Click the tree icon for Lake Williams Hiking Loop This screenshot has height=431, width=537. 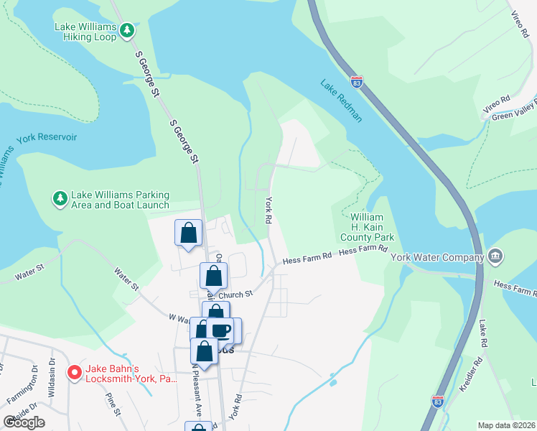[x=127, y=30]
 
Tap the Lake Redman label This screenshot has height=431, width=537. [x=341, y=101]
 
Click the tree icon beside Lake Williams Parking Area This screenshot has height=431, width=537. [x=61, y=198]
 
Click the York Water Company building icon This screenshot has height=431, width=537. [x=495, y=256]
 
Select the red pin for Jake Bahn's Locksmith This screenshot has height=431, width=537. [x=74, y=372]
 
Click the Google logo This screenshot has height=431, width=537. [x=24, y=422]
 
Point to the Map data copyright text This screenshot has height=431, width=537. [x=506, y=425]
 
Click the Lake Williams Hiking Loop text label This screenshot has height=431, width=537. [x=85, y=32]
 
